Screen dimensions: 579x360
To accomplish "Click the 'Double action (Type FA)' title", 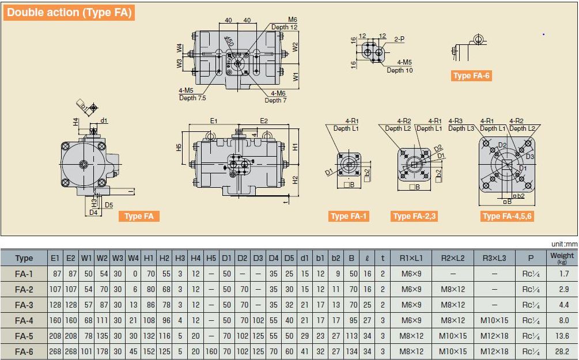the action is [x=69, y=13].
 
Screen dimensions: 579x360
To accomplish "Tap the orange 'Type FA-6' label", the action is [x=471, y=75].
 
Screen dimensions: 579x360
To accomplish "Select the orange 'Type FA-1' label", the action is [x=349, y=216].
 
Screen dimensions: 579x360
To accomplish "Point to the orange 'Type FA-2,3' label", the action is [x=414, y=216].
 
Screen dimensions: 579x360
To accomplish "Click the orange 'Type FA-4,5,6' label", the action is [x=507, y=216].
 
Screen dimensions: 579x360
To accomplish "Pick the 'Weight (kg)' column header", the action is [x=562, y=257].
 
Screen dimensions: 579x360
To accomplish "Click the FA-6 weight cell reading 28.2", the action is [x=562, y=351].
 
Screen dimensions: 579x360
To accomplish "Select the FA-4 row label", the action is [x=24, y=320].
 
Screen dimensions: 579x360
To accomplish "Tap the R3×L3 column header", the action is [x=494, y=258].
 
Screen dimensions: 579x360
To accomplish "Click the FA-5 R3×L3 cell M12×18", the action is [x=494, y=336].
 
